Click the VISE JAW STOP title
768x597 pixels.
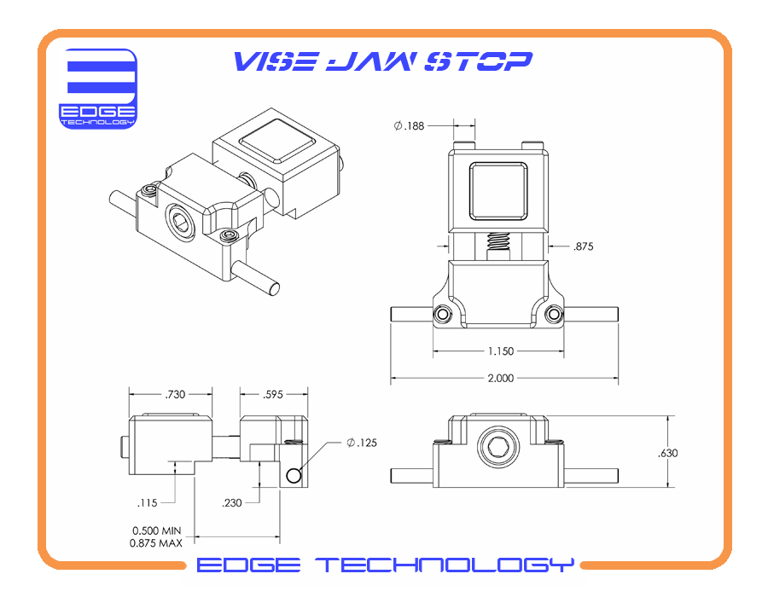[383, 61]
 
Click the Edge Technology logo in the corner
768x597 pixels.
[97, 89]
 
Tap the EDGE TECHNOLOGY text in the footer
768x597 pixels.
[385, 565]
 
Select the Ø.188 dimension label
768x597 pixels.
[410, 126]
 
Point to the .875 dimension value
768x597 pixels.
[584, 246]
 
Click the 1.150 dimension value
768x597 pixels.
[500, 351]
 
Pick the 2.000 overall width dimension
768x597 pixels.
[500, 378]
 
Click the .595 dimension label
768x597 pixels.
[274, 394]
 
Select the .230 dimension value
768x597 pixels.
[232, 502]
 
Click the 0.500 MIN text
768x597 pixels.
[156, 530]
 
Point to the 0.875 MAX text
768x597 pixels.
[156, 542]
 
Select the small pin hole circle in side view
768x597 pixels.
[294, 475]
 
